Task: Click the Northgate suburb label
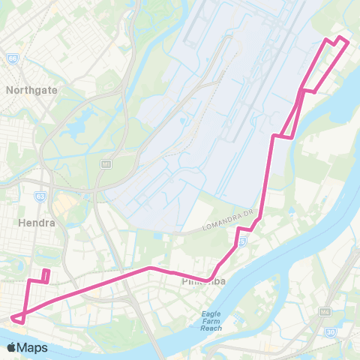pyautogui.click(x=31, y=89)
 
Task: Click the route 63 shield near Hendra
pyautogui.click(x=41, y=196)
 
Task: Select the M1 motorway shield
pyautogui.click(x=106, y=163)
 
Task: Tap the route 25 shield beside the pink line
pyautogui.click(x=244, y=241)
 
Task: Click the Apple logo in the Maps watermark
pyautogui.click(x=12, y=347)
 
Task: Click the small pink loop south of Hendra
pyautogui.click(x=46, y=275)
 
